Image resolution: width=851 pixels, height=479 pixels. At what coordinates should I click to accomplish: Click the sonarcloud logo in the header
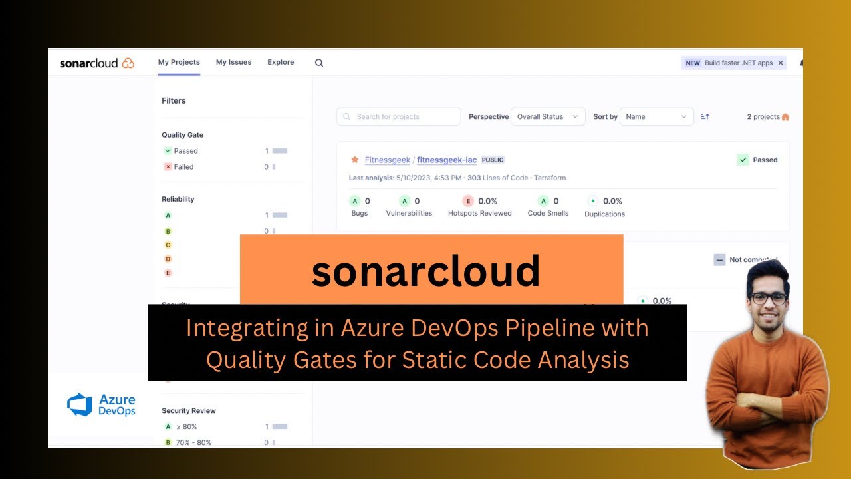pyautogui.click(x=97, y=63)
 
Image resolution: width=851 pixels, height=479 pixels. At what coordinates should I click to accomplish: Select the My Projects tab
pyautogui.click(x=179, y=63)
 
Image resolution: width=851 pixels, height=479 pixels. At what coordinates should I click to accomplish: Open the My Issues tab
pyautogui.click(x=233, y=63)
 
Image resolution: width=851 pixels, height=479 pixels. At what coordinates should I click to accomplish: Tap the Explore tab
pyautogui.click(x=281, y=63)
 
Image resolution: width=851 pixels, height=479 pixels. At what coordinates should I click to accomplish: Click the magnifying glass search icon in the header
pyautogui.click(x=319, y=63)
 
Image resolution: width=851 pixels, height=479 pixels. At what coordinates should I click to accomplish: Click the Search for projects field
pyautogui.click(x=399, y=117)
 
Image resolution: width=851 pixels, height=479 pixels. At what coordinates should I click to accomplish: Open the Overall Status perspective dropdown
pyautogui.click(x=548, y=117)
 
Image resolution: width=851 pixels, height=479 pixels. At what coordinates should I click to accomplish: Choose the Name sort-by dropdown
pyautogui.click(x=656, y=117)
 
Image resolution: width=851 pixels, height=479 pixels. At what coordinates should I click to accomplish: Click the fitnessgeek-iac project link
pyautogui.click(x=447, y=160)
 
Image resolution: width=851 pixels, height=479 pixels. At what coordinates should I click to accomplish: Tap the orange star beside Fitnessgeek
pyautogui.click(x=355, y=160)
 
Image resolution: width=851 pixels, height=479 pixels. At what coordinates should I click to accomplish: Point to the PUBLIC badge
pyautogui.click(x=493, y=160)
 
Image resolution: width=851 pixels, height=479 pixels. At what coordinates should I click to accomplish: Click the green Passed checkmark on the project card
pyautogui.click(x=743, y=160)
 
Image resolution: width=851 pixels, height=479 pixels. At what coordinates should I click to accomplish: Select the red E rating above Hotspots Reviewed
pyautogui.click(x=469, y=201)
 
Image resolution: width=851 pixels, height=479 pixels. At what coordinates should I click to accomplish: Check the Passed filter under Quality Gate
pyautogui.click(x=168, y=151)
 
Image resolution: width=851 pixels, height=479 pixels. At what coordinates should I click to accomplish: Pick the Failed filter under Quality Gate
pyautogui.click(x=168, y=167)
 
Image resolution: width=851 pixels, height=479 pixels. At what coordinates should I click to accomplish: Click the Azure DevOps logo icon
pyautogui.click(x=80, y=404)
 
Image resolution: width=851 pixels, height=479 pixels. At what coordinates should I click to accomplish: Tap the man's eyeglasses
pyautogui.click(x=769, y=298)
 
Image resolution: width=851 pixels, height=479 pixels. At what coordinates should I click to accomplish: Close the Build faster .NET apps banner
pyautogui.click(x=781, y=63)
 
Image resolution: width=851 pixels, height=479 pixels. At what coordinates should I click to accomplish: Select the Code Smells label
pyautogui.click(x=548, y=214)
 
